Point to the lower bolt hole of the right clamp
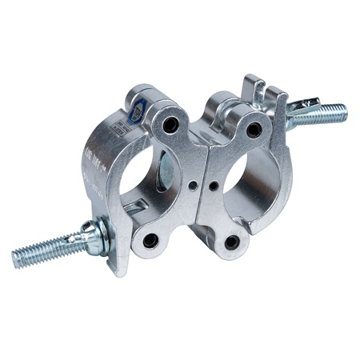[232, 240]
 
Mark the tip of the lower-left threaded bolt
[16, 261]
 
